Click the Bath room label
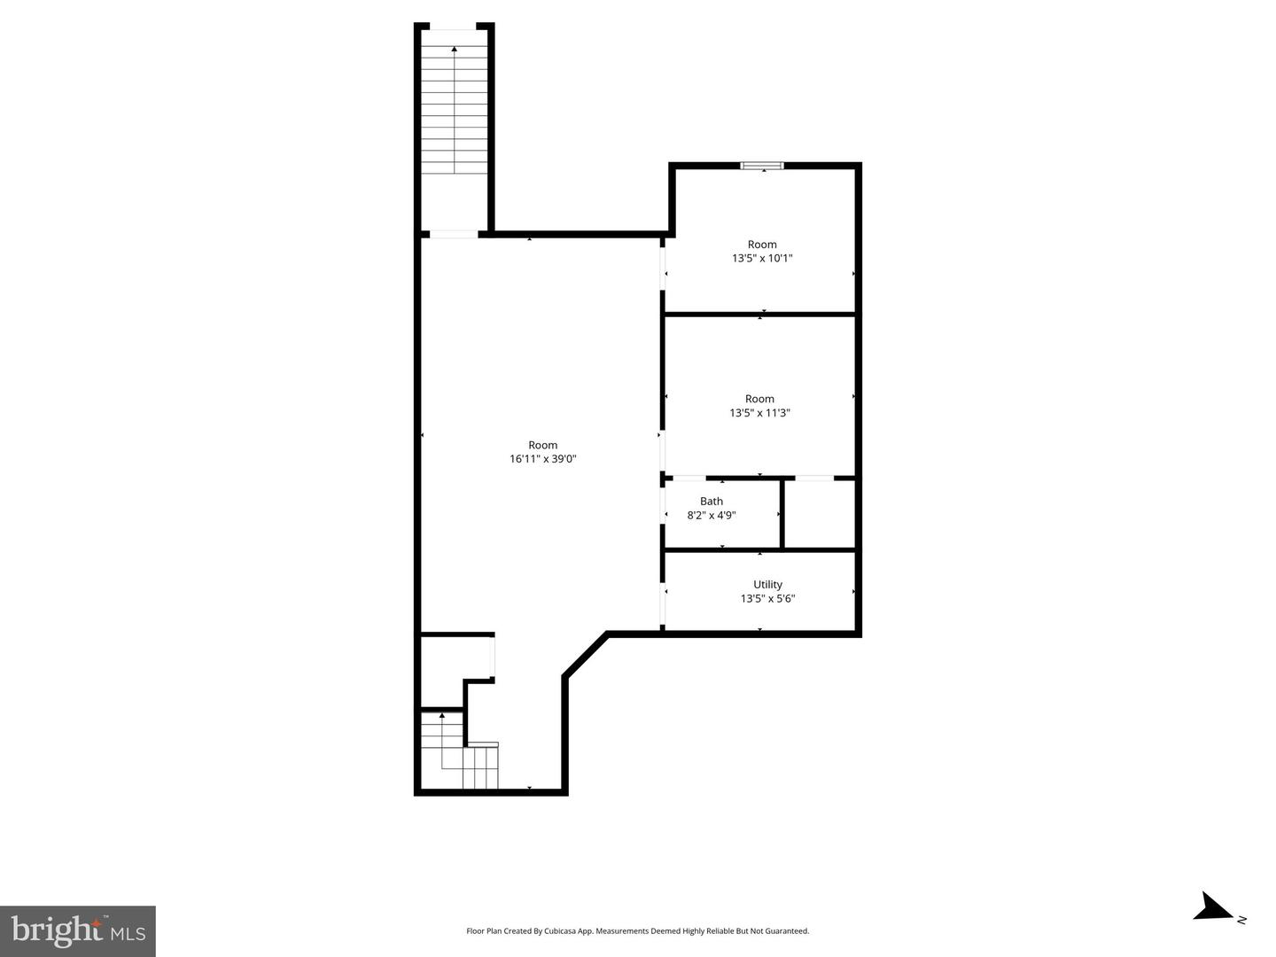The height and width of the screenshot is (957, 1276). click(712, 502)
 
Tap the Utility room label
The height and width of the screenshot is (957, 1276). click(767, 585)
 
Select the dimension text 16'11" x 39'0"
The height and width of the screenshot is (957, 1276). click(543, 459)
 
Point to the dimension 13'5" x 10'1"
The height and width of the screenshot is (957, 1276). click(762, 259)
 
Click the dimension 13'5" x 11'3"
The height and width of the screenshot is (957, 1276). click(759, 413)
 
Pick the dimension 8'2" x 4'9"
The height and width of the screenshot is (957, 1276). click(712, 515)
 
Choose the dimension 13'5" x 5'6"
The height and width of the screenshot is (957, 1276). click(767, 599)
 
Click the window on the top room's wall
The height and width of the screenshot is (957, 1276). click(762, 165)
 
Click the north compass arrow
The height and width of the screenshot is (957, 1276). click(1211, 907)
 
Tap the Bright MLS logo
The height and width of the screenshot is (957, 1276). click(78, 930)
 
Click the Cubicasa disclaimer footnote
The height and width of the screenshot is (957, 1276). click(637, 931)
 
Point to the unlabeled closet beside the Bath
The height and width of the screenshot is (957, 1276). click(820, 514)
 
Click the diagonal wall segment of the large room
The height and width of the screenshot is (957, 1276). click(585, 655)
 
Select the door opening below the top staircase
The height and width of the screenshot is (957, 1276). click(454, 234)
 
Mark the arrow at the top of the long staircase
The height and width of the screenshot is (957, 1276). click(455, 50)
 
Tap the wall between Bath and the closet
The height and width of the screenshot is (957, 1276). click(782, 514)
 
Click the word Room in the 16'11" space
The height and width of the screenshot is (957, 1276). click(543, 445)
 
